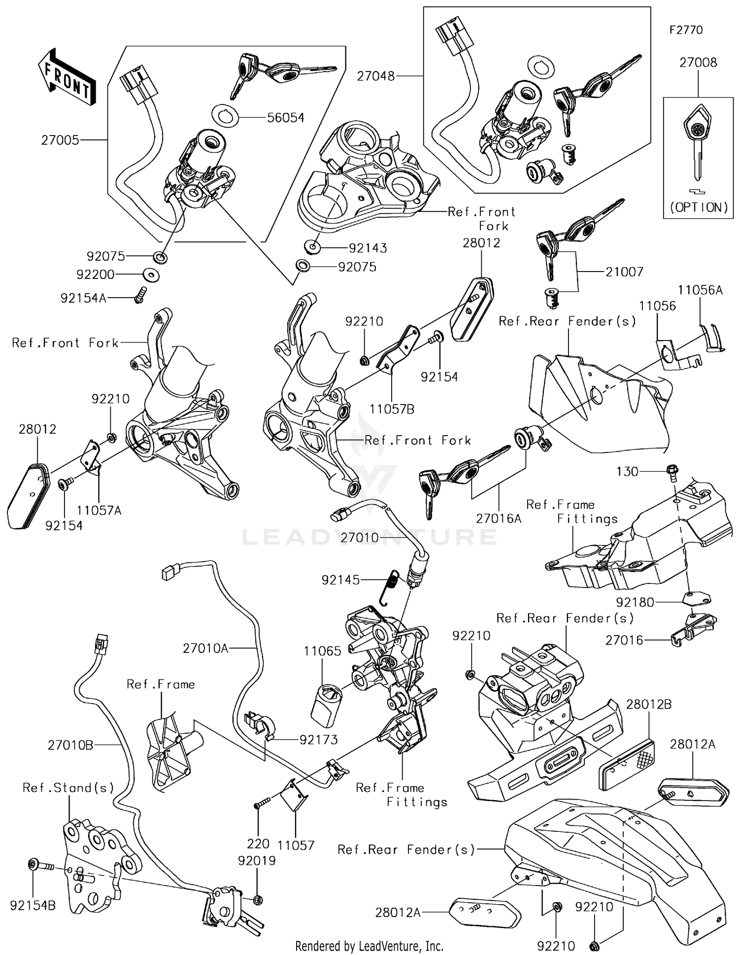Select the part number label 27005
coord(60,140)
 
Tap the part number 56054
coord(285,118)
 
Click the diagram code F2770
coord(686,30)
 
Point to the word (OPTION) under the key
coord(698,207)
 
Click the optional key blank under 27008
coord(698,143)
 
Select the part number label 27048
coord(376,76)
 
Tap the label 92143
coord(368,248)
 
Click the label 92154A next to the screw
coord(83,298)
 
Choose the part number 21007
coord(624,272)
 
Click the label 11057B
coord(392,409)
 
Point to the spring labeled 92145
coord(392,586)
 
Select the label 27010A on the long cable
coord(205,648)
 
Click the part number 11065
coord(322,651)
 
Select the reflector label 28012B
coord(648,705)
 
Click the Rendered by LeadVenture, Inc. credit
coord(369,946)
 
